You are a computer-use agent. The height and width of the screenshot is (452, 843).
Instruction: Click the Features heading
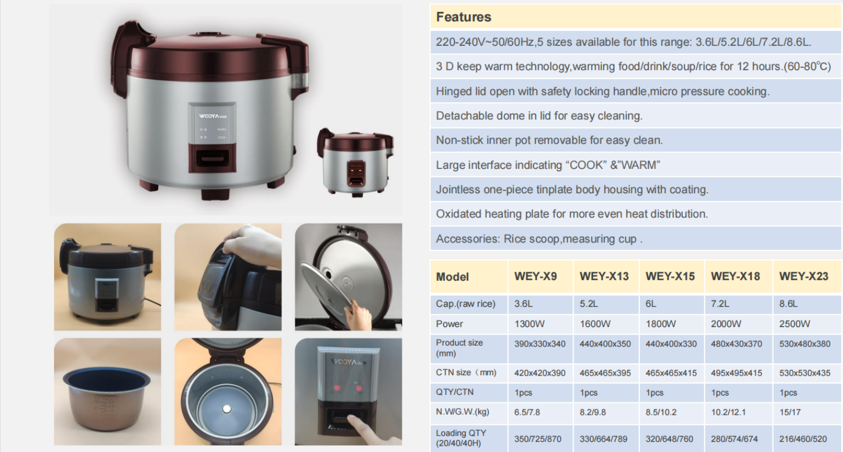coord(463,17)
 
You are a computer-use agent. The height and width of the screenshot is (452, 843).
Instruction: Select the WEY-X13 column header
coord(604,276)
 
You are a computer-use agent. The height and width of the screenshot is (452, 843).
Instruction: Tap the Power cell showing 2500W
coord(794,324)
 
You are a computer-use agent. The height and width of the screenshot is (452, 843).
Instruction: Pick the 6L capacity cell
coord(650,303)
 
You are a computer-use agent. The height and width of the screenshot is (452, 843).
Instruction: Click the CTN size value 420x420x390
coord(540,373)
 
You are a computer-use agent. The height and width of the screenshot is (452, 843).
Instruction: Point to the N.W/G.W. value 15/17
coord(790,412)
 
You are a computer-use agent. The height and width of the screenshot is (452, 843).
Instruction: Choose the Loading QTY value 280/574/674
coord(734,439)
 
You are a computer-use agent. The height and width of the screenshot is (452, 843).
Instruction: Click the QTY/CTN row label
coord(455,392)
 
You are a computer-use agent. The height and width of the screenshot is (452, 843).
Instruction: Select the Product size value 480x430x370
coord(736,344)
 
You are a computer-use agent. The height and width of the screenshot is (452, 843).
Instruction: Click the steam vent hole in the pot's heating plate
coord(226,409)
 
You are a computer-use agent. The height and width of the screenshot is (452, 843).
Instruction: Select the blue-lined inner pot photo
coord(107,392)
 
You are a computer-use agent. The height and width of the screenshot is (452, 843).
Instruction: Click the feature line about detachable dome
coord(539,116)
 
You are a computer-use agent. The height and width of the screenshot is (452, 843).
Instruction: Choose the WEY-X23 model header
coord(803,276)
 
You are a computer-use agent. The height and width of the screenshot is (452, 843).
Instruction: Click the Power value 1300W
coord(529,324)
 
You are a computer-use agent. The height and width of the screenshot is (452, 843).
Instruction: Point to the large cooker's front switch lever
coord(213,158)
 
